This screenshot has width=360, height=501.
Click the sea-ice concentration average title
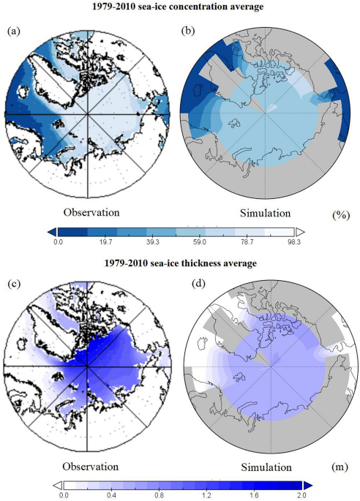180,7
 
